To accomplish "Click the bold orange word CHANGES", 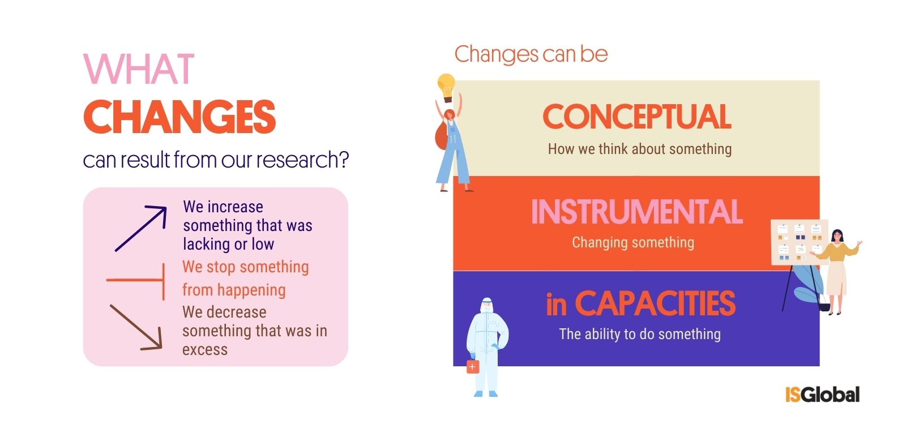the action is point(180,117).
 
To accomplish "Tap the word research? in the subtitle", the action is point(302,160).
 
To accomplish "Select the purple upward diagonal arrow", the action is point(141,229).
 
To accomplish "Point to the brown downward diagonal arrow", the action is point(136,327).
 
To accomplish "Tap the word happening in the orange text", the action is point(251,290).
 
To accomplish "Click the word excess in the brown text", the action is point(204,349).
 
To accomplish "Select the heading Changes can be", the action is point(531,54).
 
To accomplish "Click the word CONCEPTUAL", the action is point(636,117).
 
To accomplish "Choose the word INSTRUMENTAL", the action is point(636,212).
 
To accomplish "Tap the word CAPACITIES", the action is point(655,303).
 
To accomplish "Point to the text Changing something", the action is point(633,242).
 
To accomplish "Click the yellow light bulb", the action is point(447,87).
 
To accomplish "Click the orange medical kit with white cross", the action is point(472,366).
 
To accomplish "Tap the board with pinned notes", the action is point(799,242).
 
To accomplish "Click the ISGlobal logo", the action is point(822,395).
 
